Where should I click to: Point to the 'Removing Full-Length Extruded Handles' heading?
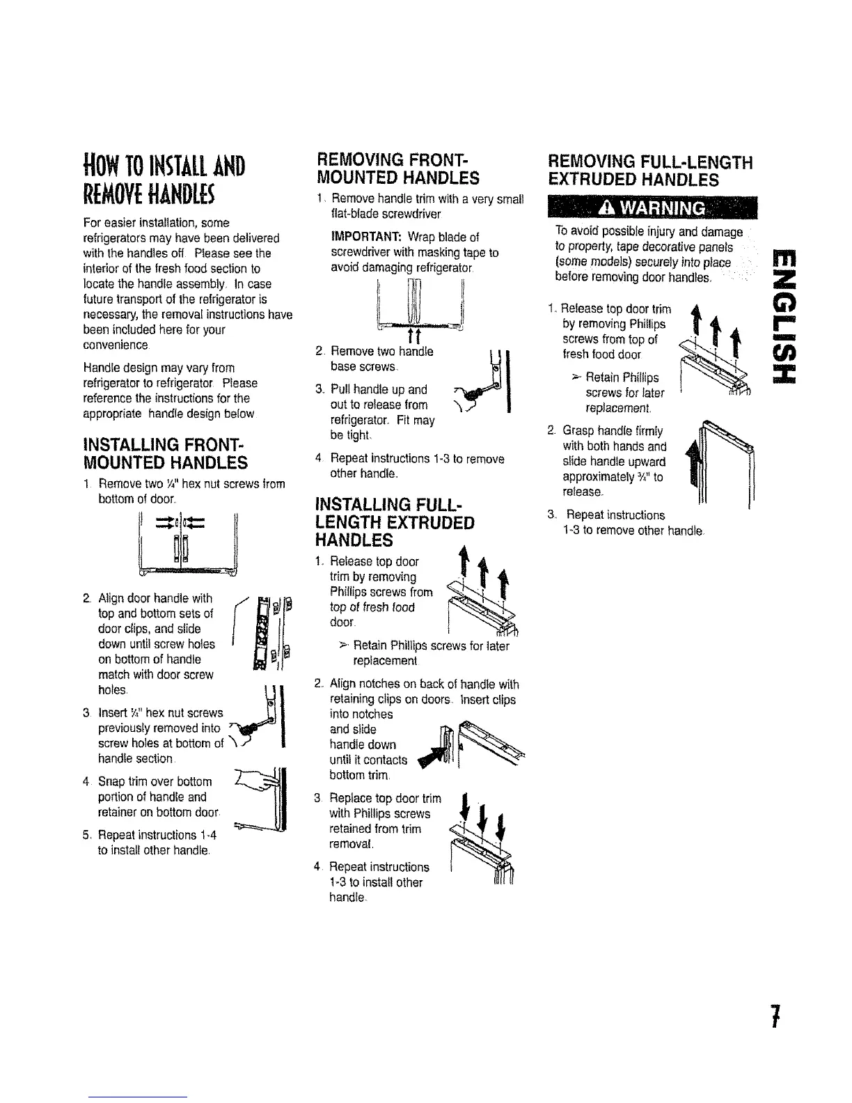pos(651,171)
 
